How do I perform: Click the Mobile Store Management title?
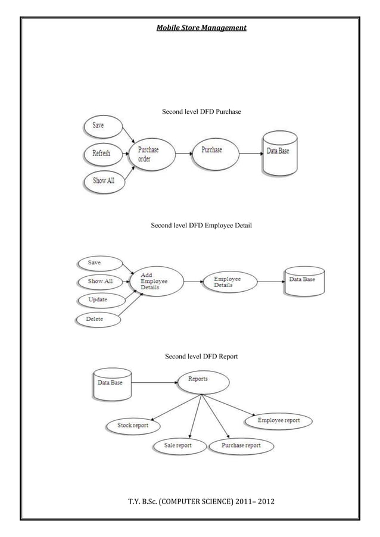[x=201, y=27]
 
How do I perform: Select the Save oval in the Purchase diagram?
[x=101, y=125]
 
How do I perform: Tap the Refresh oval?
[x=102, y=153]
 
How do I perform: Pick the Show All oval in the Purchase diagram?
[x=104, y=180]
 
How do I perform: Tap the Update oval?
[x=99, y=300]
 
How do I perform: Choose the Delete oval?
[x=97, y=319]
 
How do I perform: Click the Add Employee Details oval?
[x=155, y=281]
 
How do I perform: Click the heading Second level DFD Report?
[x=201, y=357]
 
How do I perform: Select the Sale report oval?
[x=177, y=445]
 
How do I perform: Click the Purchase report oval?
[x=241, y=445]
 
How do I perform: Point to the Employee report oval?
[x=278, y=421]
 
